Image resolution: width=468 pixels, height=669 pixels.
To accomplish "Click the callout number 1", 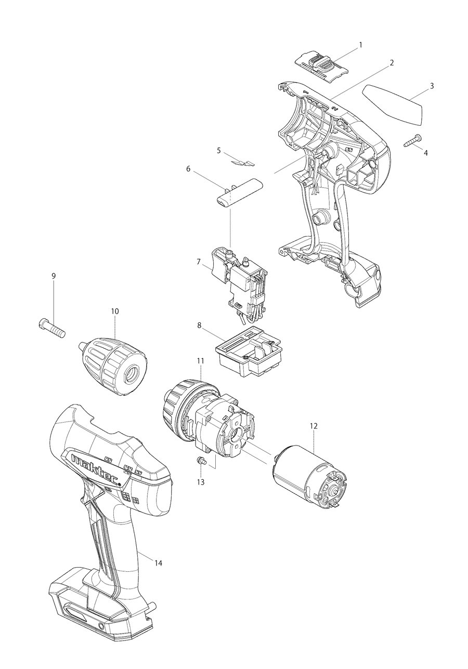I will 360,45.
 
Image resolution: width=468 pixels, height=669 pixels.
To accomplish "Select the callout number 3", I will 432,85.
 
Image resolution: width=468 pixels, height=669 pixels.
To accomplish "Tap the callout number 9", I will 54,276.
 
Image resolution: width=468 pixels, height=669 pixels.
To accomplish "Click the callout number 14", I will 158,563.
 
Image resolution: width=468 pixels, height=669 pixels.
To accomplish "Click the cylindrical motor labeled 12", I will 310,478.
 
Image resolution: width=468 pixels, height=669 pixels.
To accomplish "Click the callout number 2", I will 392,62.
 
